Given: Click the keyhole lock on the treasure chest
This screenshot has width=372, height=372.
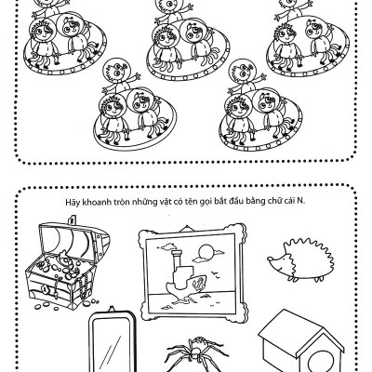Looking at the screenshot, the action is click(45, 289).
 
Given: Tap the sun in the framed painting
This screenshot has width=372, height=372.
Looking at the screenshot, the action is click(205, 252).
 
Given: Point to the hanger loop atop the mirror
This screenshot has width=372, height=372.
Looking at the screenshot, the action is click(112, 309).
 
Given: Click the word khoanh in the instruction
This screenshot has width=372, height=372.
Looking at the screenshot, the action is click(97, 202).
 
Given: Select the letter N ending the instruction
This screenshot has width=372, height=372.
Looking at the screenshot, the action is click(299, 201).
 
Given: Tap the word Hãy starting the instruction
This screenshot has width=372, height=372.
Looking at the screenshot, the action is click(73, 202).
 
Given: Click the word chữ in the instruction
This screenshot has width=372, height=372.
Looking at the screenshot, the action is click(273, 201).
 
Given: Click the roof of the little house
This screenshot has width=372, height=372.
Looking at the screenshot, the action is click(290, 329).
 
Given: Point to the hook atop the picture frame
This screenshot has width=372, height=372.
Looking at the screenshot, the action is click(186, 228).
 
